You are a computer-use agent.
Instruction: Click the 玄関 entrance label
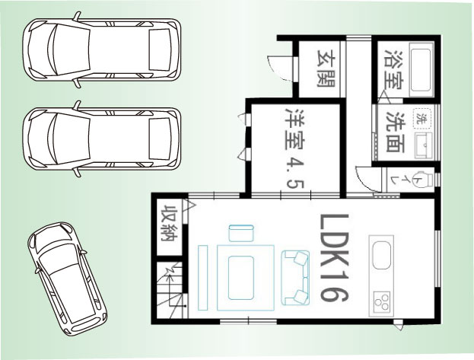(326, 68)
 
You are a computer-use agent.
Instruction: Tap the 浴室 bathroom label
(393, 69)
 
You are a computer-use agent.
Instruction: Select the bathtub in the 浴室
(420, 70)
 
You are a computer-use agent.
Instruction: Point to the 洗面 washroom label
(396, 132)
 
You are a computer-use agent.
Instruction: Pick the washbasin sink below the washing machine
(424, 145)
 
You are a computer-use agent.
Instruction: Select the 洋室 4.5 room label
(295, 148)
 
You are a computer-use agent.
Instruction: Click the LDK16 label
(334, 258)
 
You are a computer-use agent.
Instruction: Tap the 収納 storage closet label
(169, 223)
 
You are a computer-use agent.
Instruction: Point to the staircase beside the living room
(169, 290)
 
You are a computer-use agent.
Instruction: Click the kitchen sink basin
(381, 255)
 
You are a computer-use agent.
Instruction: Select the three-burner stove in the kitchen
(382, 302)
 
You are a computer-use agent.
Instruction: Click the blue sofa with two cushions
(295, 277)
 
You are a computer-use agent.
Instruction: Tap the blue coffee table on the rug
(240, 277)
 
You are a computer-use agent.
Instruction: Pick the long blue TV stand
(202, 277)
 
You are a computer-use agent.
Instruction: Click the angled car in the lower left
(67, 279)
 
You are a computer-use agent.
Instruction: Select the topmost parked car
(102, 49)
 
